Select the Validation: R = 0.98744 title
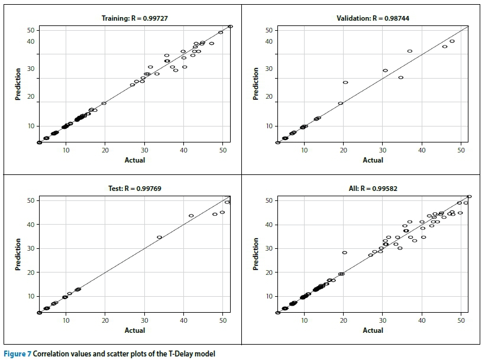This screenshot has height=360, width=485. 372,19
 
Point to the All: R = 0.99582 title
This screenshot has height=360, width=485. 373,189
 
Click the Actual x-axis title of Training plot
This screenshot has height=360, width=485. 135,160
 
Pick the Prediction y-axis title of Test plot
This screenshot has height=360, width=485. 18,254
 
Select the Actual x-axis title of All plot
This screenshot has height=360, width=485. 373,330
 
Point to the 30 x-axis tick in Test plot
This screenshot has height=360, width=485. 144,321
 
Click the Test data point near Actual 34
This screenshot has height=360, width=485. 159,238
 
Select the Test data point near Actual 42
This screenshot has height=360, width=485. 191,216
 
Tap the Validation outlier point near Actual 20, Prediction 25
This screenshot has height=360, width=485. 345,82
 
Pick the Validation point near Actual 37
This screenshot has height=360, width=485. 409,51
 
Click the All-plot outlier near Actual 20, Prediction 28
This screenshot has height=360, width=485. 345,252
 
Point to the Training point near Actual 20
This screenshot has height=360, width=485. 104,103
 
